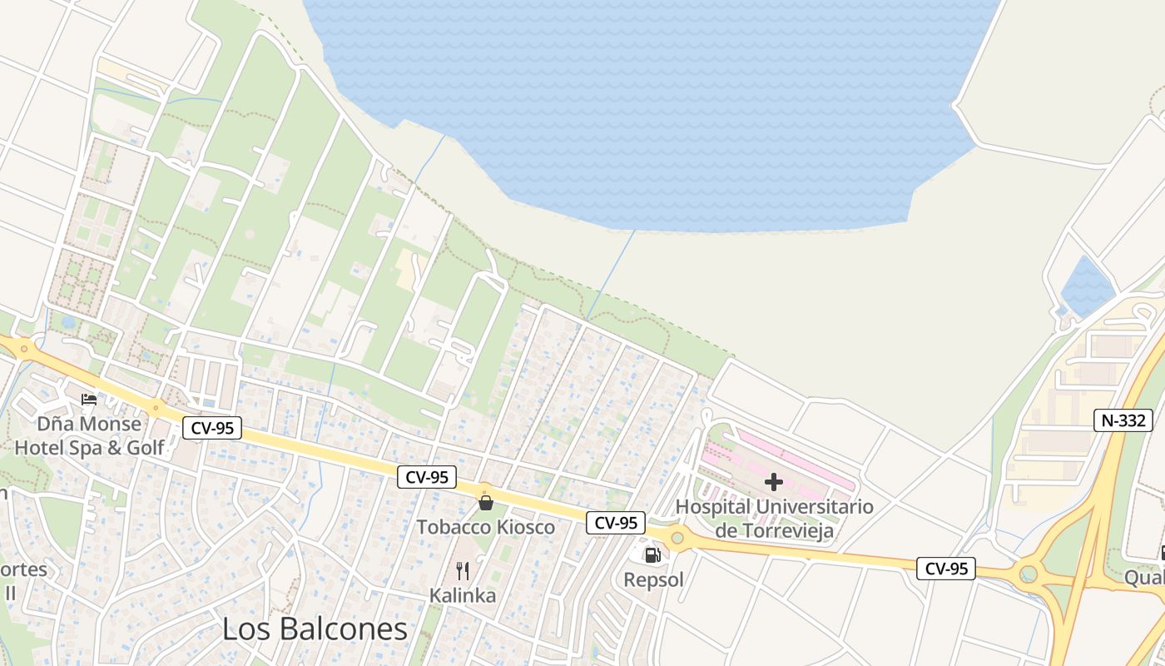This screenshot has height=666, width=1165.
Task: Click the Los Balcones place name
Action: pos(315,629)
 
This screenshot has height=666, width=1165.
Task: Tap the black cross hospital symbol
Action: pos(774,482)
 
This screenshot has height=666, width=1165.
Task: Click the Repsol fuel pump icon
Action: pos(652,555)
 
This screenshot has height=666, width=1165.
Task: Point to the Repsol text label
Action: pos(653,579)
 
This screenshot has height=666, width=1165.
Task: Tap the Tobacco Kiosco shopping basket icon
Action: pos(486,502)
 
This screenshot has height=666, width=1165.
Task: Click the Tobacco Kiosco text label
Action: pos(486,527)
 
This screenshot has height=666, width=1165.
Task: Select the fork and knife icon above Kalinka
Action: pos(463,571)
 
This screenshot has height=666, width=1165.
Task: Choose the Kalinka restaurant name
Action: pos(463,595)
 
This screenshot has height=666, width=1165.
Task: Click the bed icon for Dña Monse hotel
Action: pos(89,400)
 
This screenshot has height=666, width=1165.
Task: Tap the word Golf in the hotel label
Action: pos(146,448)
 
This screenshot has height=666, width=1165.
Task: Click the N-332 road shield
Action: pos(1123,420)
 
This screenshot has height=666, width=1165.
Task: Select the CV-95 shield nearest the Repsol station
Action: pos(616,523)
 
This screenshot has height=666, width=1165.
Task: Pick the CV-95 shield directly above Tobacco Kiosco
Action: pos(428,477)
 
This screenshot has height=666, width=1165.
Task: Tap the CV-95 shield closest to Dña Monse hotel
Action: pos(212,428)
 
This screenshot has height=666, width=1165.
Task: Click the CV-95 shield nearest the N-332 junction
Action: pos(946,569)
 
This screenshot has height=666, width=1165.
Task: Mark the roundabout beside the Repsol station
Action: pos(677,539)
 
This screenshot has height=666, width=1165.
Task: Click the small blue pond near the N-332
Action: pos(1087,286)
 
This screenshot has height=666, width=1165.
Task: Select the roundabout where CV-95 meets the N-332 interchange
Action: pos(1029,574)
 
